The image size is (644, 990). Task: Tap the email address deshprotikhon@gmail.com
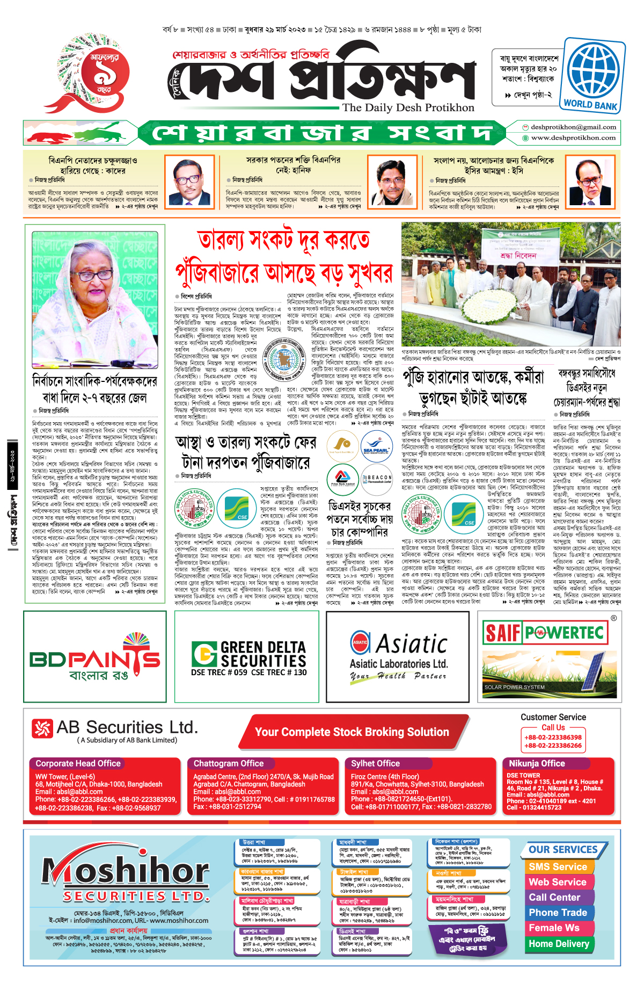pyautogui.click(x=573, y=127)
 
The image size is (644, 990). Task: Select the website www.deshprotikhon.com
pyautogui.click(x=573, y=138)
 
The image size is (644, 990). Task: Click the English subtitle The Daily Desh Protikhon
pyautogui.click(x=408, y=107)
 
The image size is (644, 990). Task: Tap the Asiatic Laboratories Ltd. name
pyautogui.click(x=398, y=664)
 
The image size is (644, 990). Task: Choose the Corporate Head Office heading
pyautogui.click(x=78, y=763)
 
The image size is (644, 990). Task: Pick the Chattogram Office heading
pyautogui.click(x=229, y=763)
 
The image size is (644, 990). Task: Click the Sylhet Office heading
pyautogui.click(x=375, y=763)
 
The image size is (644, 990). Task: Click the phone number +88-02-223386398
pyautogui.click(x=553, y=738)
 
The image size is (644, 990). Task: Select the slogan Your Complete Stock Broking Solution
pyautogui.click(x=352, y=732)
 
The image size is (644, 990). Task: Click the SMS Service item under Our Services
pyautogui.click(x=558, y=866)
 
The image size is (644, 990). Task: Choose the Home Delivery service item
pyautogui.click(x=559, y=944)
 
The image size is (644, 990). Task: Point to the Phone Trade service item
pyautogui.click(x=558, y=913)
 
